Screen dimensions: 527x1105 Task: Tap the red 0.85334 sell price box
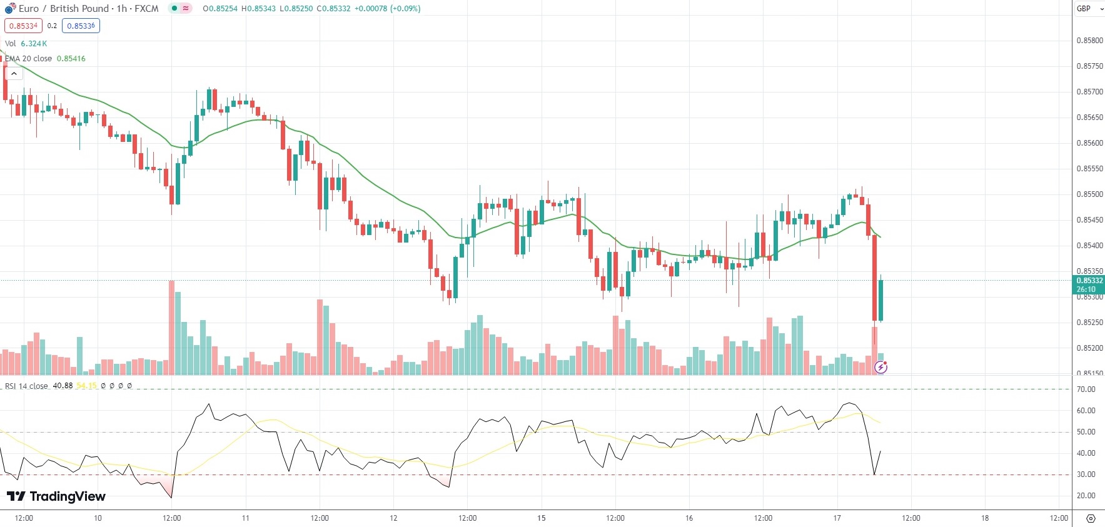23,26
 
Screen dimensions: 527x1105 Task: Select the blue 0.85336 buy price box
81,26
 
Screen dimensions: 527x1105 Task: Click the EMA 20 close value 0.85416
71,59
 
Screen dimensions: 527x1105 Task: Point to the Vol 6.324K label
26,44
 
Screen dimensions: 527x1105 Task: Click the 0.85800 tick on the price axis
1089,41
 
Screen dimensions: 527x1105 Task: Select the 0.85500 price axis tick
1089,194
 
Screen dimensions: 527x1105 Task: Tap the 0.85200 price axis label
1089,348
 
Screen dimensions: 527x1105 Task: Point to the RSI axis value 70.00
1086,389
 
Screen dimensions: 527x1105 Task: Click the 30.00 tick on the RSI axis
1086,474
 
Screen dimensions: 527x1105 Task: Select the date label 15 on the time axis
541,518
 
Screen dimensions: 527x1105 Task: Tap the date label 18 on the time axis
984,518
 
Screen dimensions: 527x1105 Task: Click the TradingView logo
56,496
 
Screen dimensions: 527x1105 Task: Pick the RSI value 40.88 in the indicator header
63,386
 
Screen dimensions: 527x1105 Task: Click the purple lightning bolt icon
880,368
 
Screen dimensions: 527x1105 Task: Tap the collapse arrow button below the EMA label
14,74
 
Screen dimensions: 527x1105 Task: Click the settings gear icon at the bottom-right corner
1091,519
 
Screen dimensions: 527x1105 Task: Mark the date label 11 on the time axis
245,518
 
